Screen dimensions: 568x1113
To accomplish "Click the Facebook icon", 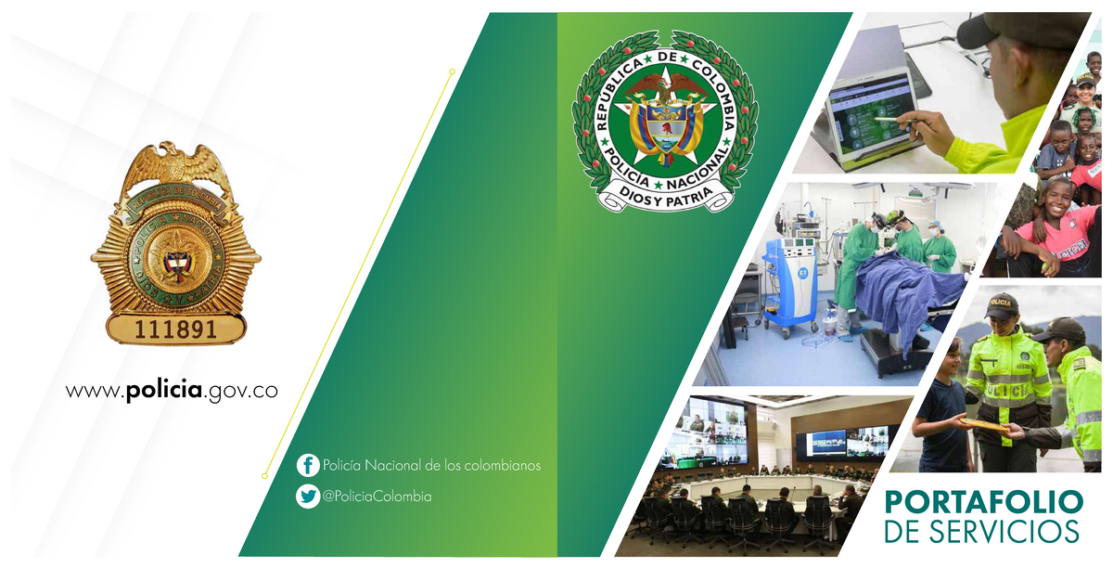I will [x=308, y=465].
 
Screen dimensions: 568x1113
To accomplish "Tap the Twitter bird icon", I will [x=308, y=497].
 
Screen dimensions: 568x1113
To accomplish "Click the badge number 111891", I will [x=175, y=329].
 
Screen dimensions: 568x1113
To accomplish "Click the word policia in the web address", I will [x=163, y=391].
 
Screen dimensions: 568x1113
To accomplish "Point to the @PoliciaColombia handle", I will [x=377, y=497].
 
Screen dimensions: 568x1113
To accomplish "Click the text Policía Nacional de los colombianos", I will [x=431, y=465].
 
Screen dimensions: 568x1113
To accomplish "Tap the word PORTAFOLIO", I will [x=983, y=502].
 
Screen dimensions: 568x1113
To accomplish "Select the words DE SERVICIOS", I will [x=983, y=533].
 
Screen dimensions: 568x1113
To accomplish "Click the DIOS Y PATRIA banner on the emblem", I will [x=665, y=193].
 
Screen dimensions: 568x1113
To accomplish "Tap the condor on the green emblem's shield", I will [x=665, y=88].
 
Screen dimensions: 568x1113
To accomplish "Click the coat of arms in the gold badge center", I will [x=175, y=260].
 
